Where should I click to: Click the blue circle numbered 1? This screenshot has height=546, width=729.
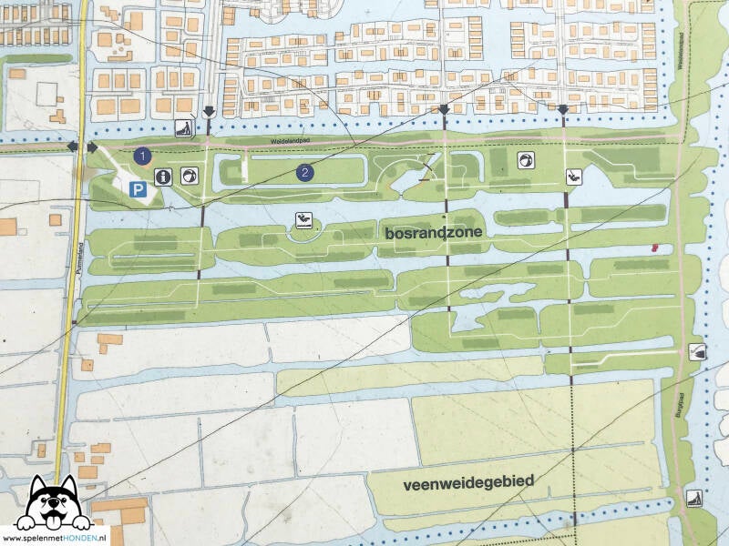141,156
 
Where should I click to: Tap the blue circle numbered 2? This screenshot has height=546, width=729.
306,171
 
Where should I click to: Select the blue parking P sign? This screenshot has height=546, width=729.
137,190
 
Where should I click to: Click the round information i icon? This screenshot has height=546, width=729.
163,177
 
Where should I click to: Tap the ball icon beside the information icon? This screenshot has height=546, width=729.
188,176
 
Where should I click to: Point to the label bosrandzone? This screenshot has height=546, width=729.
433,233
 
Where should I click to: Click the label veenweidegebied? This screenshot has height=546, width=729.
467,482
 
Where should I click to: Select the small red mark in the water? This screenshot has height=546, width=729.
653,247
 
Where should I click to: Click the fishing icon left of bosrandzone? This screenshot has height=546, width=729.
303,219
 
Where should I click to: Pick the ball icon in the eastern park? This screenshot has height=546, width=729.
526,160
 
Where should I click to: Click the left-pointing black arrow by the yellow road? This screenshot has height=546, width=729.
72,147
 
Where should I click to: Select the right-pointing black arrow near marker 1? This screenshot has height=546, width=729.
93,147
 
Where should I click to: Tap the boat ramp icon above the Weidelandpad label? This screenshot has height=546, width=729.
183,128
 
